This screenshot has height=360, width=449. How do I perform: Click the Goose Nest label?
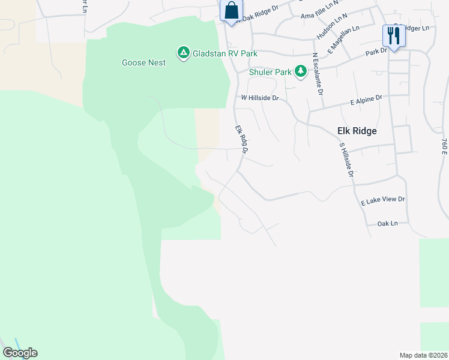143,62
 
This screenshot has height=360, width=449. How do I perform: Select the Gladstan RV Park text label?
225,53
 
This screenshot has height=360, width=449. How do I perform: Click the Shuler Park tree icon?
301,72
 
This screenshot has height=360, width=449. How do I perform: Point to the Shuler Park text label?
271,72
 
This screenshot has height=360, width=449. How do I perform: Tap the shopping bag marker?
231,11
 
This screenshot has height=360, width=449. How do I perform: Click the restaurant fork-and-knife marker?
394,35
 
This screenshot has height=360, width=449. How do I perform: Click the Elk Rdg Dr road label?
241,139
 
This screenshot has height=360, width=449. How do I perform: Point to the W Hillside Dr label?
260,97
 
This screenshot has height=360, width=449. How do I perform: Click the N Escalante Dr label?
318,74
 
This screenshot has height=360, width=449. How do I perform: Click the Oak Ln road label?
388,223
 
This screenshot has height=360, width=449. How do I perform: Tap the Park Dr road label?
376,52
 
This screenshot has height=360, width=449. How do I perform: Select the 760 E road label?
444,147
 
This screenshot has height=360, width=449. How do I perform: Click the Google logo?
20,353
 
